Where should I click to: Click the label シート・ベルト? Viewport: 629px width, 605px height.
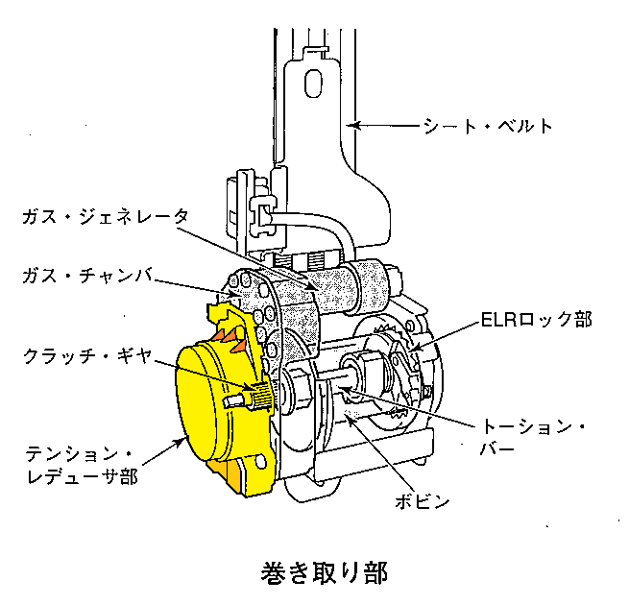488,126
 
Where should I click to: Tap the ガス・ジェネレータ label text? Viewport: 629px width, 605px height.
106,217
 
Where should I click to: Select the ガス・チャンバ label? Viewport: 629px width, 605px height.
87,276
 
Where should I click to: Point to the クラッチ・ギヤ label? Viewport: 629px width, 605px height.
87,356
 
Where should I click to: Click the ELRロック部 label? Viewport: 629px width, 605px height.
537,320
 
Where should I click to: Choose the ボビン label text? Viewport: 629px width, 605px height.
422,501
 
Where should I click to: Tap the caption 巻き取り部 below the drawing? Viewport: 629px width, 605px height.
325,572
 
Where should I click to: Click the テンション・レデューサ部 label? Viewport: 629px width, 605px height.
82,466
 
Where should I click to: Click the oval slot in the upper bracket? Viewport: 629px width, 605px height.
313,84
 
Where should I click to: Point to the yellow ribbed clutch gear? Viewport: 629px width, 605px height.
260,395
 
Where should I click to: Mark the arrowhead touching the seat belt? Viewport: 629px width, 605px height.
352,126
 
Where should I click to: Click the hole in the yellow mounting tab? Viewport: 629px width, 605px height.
261,461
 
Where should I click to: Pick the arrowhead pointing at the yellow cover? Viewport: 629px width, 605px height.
180,442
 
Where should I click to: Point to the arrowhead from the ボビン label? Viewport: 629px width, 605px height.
350,421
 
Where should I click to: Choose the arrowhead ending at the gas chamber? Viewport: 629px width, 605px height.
235,294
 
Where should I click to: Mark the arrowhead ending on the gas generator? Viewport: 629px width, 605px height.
312,285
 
